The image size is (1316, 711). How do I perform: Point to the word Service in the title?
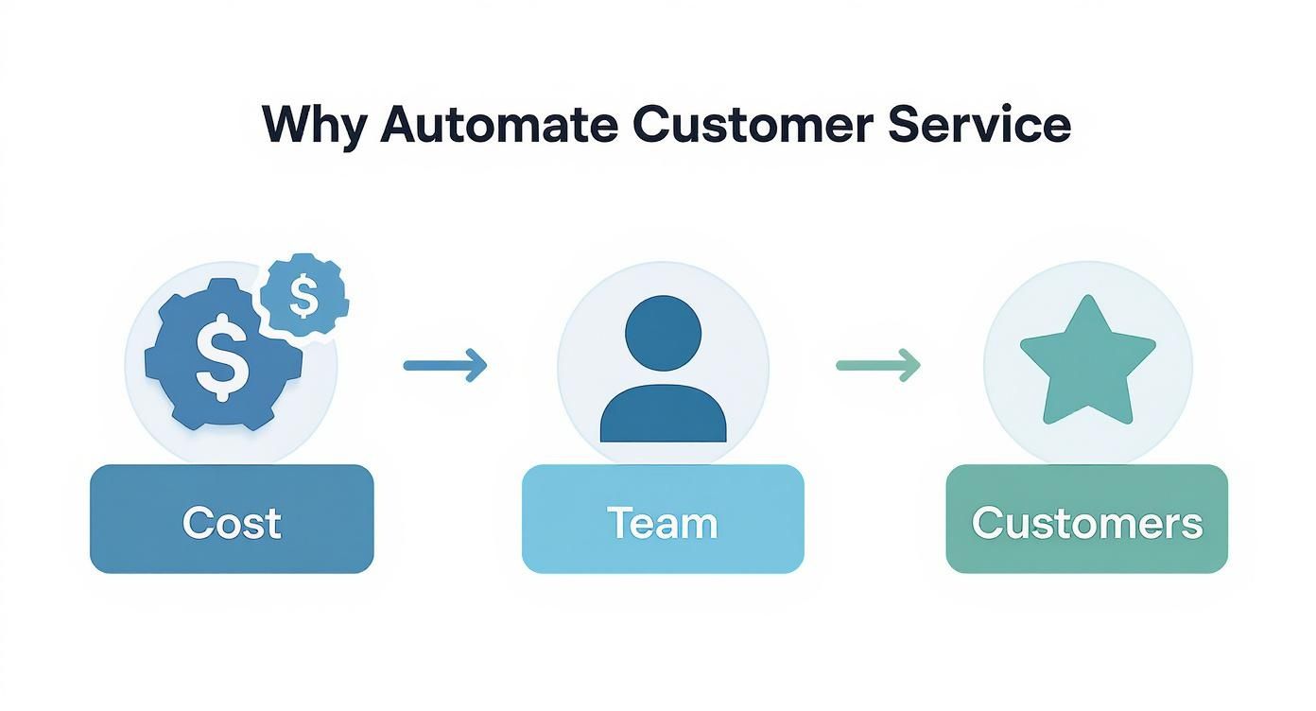979,124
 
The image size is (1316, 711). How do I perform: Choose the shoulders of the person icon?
663,417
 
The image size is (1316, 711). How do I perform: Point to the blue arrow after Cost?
444,364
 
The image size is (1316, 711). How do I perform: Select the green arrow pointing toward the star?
877,364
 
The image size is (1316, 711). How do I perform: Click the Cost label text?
232,522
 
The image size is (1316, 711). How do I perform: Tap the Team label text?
662,522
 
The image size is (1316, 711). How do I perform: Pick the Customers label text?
1086,522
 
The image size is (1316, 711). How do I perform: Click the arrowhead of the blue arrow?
477,364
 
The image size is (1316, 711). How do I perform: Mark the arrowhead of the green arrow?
910,364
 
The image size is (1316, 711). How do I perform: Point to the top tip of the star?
1087,301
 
